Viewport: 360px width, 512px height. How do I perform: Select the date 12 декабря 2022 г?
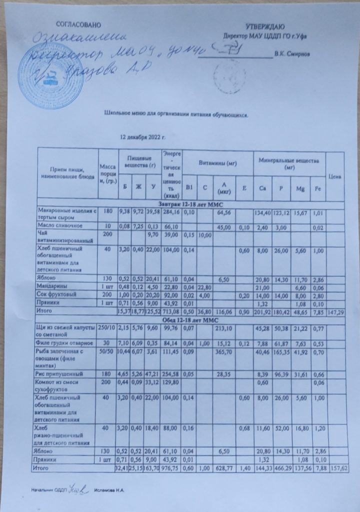tap(142, 136)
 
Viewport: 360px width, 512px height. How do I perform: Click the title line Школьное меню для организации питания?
tap(177, 113)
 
